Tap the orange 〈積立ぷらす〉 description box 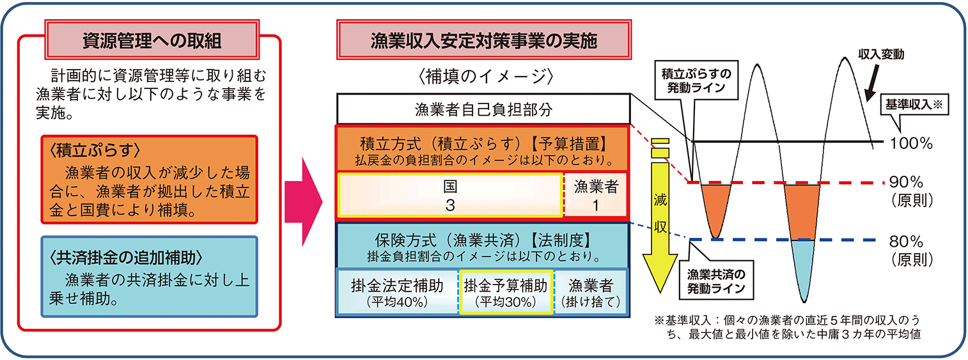[150, 178]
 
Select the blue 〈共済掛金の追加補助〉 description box [150, 277]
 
